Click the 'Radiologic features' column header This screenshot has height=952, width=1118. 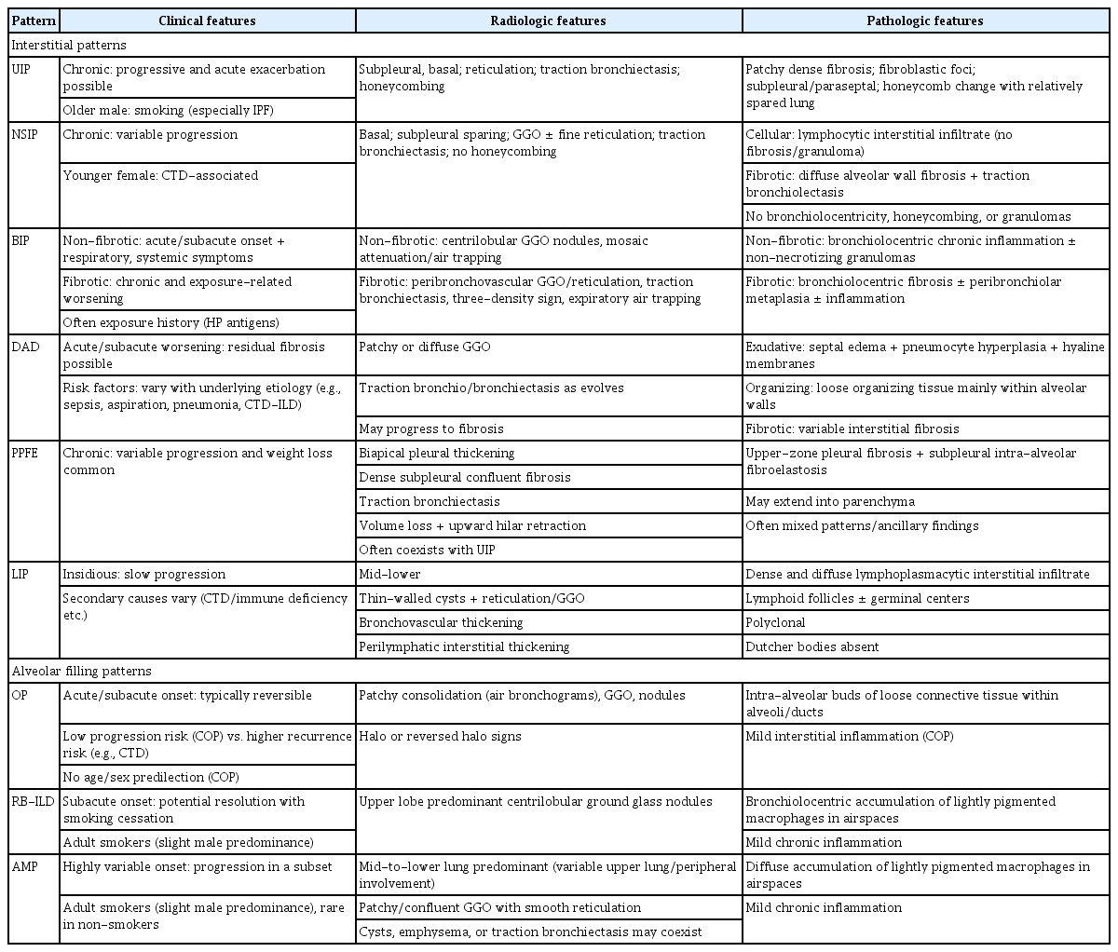tap(549, 20)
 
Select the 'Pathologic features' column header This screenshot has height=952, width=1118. tap(929, 20)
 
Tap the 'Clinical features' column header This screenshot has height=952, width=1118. tap(207, 20)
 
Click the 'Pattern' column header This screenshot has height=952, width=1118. tap(34, 20)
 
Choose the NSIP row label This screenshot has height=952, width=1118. tap(26, 135)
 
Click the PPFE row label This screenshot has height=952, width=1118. tap(28, 454)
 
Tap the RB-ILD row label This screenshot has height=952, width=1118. tap(32, 802)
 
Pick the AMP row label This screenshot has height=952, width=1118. tap(26, 867)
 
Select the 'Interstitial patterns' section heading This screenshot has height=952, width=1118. tap(69, 45)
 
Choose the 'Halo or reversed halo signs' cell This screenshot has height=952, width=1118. tap(441, 737)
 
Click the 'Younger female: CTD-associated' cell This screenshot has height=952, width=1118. tap(160, 176)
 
